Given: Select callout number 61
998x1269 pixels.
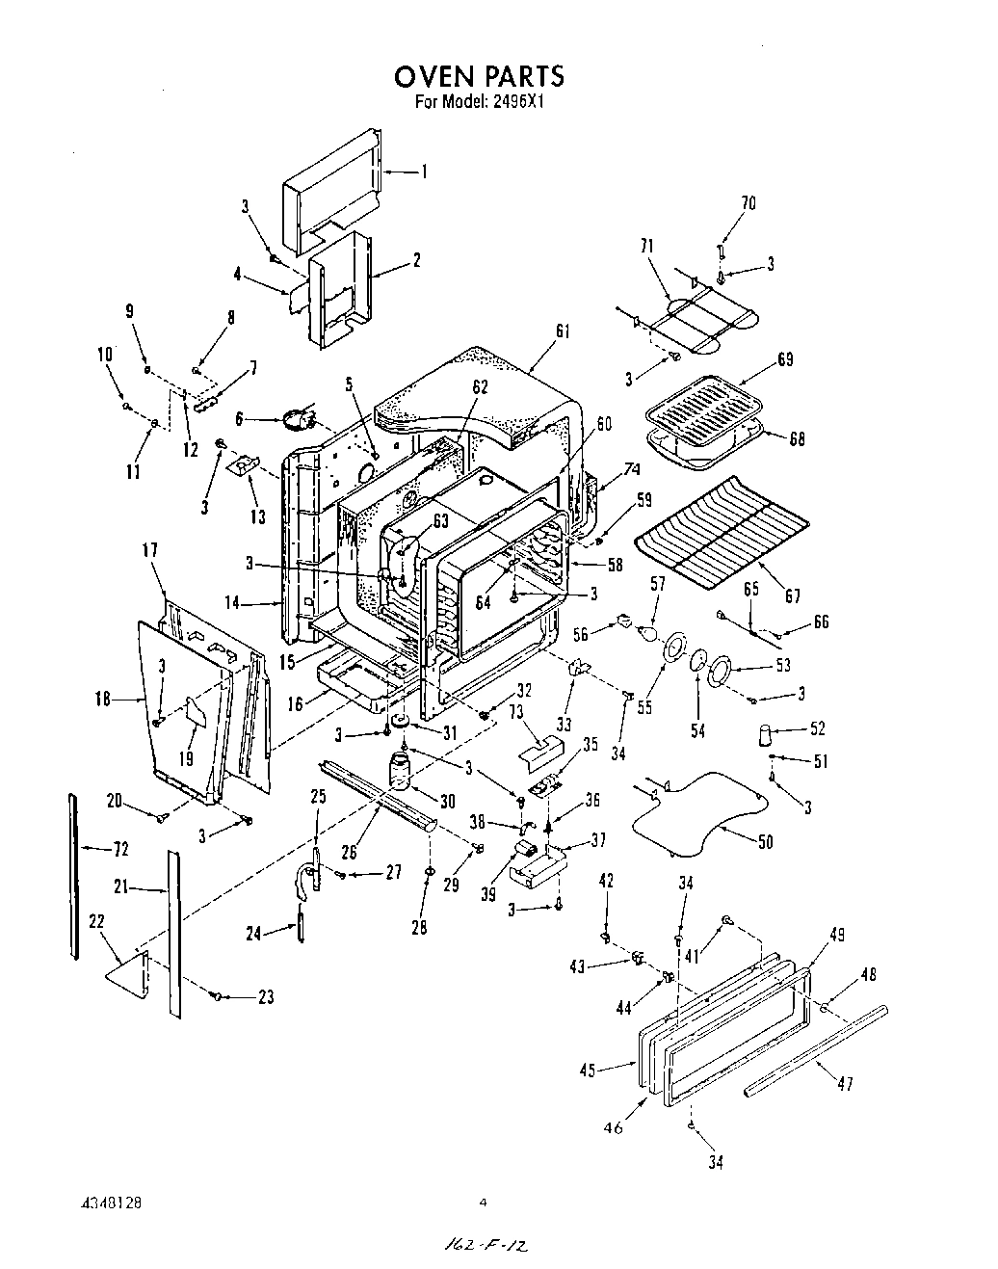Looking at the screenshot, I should (563, 331).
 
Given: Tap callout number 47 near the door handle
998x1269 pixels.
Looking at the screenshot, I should (844, 1084).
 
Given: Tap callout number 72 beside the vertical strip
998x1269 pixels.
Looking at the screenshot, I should (122, 849).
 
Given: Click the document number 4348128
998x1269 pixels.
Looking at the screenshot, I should (112, 1203).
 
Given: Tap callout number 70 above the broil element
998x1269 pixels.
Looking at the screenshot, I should (748, 203).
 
